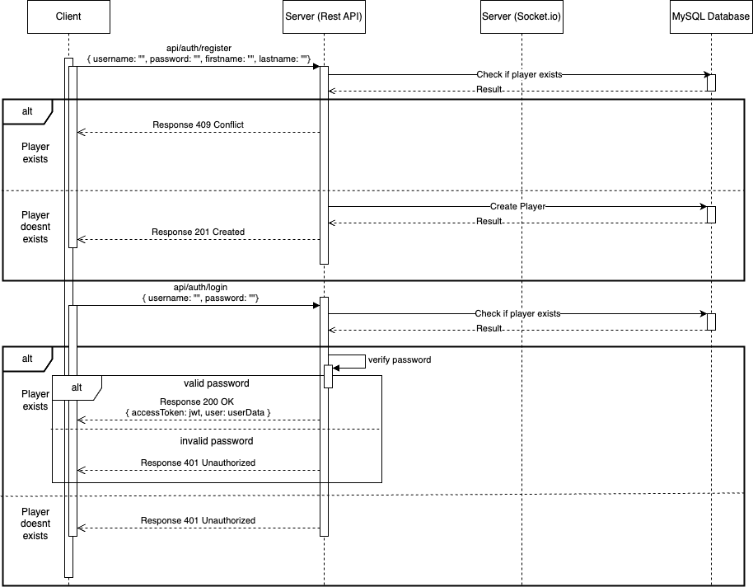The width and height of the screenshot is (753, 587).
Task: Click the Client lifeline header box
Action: [68, 16]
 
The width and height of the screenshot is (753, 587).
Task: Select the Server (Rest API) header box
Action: [324, 16]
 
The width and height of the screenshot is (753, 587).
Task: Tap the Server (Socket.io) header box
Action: [521, 16]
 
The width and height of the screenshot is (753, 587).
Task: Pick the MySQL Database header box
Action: [710, 16]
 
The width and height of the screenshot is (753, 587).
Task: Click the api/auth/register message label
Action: [198, 49]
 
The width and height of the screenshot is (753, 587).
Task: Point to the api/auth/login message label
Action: [198, 287]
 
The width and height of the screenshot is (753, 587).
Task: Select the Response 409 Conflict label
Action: [198, 125]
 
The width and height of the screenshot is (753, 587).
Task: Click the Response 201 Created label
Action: [198, 232]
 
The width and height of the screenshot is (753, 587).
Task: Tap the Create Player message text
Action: [517, 206]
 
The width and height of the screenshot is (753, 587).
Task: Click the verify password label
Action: [400, 360]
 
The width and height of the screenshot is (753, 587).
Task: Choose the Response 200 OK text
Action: [198, 402]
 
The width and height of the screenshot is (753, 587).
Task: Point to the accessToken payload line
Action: [198, 412]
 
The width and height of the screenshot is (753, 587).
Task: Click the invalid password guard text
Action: [217, 441]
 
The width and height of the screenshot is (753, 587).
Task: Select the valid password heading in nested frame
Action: [217, 383]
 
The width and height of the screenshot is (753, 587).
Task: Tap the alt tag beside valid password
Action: [77, 387]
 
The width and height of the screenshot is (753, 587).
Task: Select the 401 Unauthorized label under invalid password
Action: [198, 463]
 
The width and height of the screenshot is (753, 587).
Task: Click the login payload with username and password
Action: [198, 297]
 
